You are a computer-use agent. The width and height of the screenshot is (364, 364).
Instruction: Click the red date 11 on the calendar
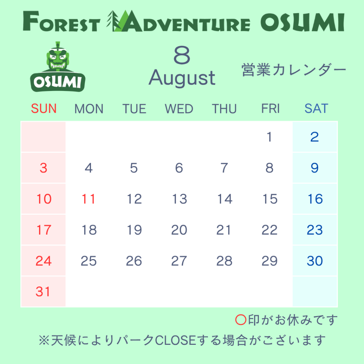(89, 199)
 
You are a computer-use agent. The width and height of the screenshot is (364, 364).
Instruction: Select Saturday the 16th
(315, 199)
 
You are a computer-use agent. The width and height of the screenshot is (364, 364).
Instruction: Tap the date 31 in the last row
(43, 291)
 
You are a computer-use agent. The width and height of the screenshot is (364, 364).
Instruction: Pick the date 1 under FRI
(269, 137)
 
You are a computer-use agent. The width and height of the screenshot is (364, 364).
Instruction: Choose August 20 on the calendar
(179, 230)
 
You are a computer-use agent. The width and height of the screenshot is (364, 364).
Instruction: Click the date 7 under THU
(224, 168)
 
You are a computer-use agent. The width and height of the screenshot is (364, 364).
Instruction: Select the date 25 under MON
(89, 261)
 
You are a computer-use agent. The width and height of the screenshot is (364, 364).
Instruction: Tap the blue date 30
(315, 261)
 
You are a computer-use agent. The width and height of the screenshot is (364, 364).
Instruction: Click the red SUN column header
(44, 108)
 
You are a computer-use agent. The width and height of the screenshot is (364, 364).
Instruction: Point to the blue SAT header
(316, 108)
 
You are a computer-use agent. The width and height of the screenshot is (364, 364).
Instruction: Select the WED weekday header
(179, 109)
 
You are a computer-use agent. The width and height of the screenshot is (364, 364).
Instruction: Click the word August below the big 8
(182, 78)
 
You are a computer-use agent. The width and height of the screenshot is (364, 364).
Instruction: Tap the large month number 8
(182, 55)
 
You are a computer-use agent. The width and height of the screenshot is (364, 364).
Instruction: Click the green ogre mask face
(58, 59)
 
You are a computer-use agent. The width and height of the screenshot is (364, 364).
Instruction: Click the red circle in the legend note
(241, 320)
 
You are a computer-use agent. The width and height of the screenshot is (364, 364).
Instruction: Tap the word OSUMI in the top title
(302, 22)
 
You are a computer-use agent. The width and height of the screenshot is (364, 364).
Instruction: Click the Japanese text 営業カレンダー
(294, 70)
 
